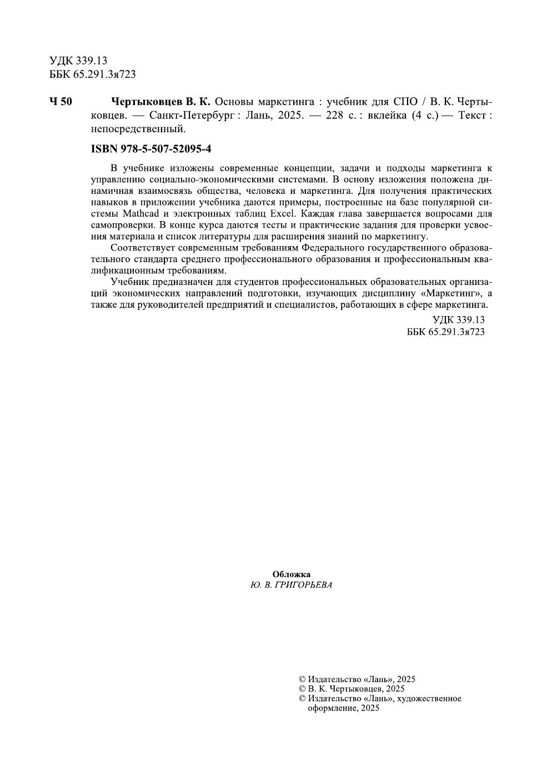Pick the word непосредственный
click(137, 129)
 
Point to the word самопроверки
click(123, 225)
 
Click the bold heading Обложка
click(292, 574)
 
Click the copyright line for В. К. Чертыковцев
click(352, 689)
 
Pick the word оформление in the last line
click(332, 708)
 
